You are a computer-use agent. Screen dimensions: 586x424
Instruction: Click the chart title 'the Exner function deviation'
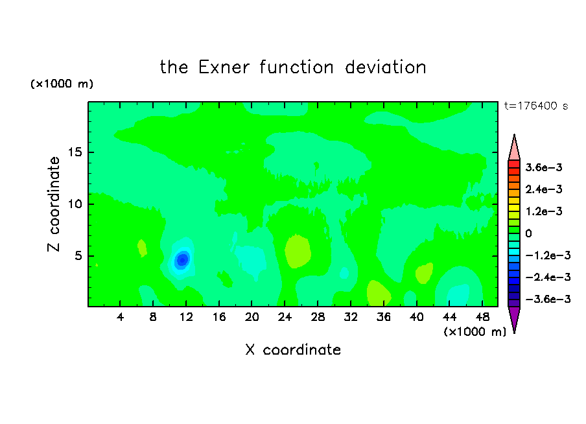click(x=293, y=67)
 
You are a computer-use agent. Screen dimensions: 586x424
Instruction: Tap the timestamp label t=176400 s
click(x=536, y=106)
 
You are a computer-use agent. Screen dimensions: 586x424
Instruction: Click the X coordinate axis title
click(x=293, y=349)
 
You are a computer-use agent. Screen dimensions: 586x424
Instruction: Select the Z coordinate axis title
click(x=54, y=204)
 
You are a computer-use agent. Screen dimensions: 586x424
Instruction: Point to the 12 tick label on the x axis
click(x=186, y=318)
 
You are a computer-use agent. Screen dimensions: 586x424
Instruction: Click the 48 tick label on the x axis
click(x=482, y=318)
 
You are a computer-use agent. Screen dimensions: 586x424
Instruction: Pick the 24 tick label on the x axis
click(x=285, y=318)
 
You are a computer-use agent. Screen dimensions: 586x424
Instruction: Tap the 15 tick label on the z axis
click(x=75, y=152)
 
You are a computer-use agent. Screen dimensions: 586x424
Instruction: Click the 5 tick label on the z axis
click(x=78, y=256)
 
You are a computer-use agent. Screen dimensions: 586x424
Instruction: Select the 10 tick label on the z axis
click(x=75, y=204)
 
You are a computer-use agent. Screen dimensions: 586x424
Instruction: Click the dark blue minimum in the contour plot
click(x=182, y=259)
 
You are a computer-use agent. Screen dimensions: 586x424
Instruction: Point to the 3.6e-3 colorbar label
click(x=544, y=167)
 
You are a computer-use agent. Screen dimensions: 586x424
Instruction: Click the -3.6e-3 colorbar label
click(x=548, y=299)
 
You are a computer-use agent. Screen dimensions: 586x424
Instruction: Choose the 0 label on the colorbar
click(x=528, y=233)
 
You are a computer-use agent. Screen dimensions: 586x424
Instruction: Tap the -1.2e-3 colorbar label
click(x=548, y=255)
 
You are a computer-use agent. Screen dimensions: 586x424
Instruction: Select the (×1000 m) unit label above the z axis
click(x=62, y=84)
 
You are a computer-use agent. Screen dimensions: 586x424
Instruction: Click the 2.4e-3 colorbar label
click(x=544, y=189)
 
